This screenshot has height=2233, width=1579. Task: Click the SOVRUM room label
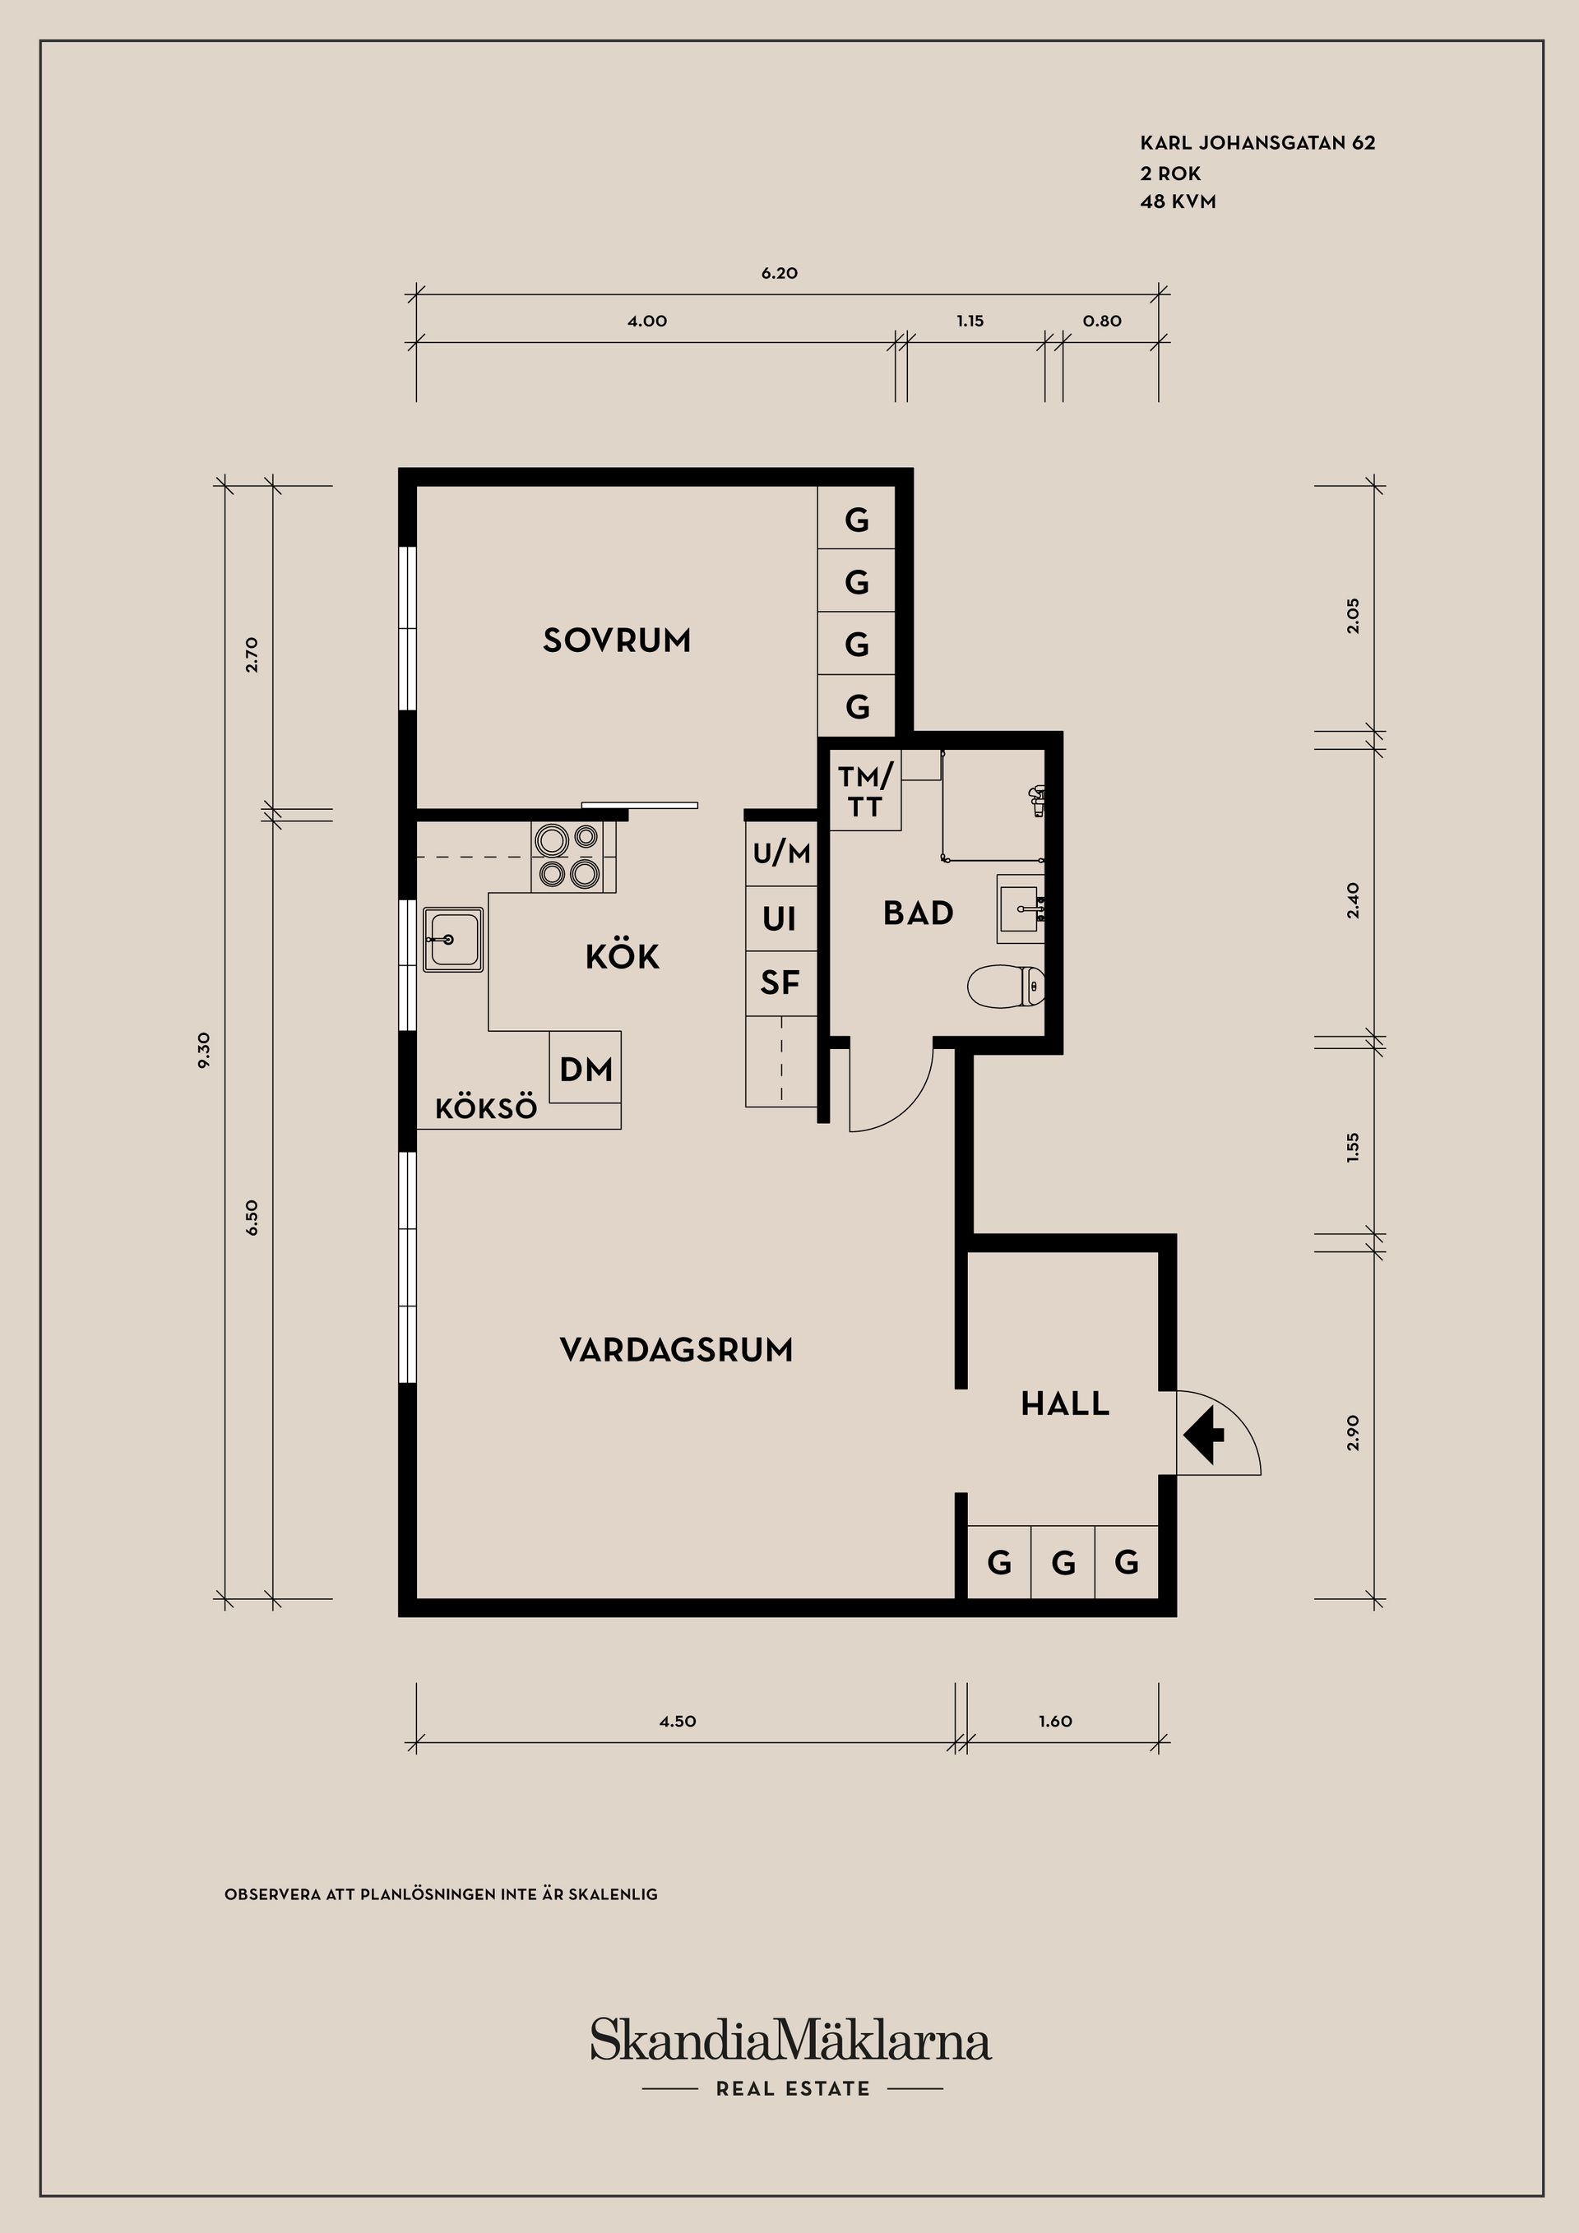tap(617, 641)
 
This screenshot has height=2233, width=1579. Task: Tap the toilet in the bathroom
tap(1007, 986)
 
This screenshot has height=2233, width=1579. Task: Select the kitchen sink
tap(453, 940)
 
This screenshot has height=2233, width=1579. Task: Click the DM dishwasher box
tap(586, 1067)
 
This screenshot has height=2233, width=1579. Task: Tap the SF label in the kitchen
tap(780, 983)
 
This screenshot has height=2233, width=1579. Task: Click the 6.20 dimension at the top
tap(780, 273)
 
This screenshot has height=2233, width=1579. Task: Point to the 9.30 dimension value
tap(203, 1051)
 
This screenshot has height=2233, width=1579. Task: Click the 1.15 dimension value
tap(970, 321)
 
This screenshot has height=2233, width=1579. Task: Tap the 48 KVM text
tap(1178, 202)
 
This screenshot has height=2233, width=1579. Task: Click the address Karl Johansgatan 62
tap(1258, 143)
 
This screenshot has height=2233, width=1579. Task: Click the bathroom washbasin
tap(1021, 908)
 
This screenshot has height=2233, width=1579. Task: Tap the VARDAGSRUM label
tap(677, 1350)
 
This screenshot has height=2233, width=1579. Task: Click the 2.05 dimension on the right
tap(1352, 616)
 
